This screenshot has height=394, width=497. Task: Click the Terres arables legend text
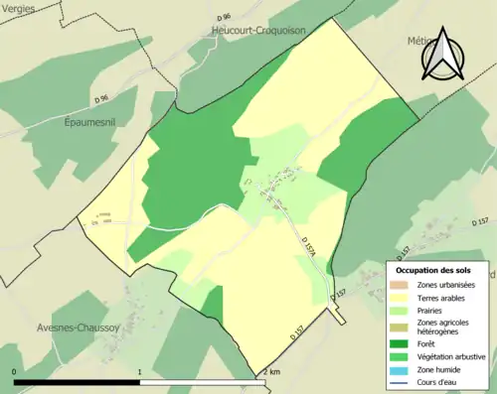[x=443, y=297]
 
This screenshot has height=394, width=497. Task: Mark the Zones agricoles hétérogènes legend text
[x=443, y=328]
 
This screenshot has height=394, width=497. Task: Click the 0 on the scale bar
[x=15, y=372]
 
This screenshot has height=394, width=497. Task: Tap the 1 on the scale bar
[x=139, y=372]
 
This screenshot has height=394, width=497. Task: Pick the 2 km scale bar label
[x=270, y=372]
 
